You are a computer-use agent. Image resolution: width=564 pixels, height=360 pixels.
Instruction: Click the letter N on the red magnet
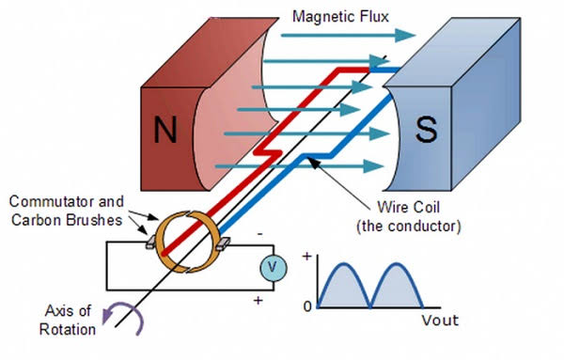[x=165, y=129]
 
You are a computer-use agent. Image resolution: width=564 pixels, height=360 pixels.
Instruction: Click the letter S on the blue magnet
[x=426, y=129]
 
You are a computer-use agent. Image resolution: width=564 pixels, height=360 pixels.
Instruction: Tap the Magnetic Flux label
[x=340, y=17]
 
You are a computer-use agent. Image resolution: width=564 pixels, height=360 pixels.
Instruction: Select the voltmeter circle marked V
[x=274, y=268]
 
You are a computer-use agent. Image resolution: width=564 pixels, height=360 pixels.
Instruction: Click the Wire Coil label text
[x=409, y=208]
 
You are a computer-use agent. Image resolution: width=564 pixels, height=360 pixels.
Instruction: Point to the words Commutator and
[x=66, y=201]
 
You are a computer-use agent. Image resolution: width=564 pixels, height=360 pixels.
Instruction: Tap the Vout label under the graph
[x=440, y=321]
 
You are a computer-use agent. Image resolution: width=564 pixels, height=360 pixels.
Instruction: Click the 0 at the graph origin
[x=307, y=306]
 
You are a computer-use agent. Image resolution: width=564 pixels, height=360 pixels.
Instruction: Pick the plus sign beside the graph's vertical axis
[x=306, y=257]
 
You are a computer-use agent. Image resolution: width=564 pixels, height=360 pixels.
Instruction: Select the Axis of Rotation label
[x=68, y=321]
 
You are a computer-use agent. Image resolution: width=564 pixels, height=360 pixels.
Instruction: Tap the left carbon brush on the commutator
[x=151, y=242]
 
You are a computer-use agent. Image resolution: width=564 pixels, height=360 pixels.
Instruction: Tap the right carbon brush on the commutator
[x=223, y=244]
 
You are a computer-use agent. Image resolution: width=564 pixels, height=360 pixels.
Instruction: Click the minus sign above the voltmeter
[x=260, y=234]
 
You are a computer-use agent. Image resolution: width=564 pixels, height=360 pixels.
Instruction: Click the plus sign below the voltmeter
[x=258, y=300]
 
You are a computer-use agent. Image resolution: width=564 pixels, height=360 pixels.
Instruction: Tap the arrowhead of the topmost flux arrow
[x=406, y=35]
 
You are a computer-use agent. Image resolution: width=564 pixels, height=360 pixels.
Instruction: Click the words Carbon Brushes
[x=67, y=220]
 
